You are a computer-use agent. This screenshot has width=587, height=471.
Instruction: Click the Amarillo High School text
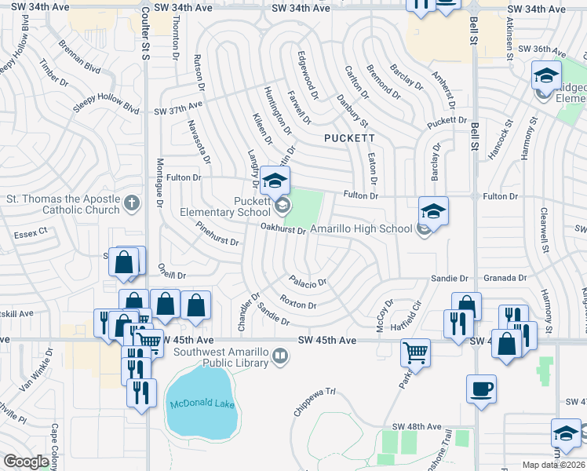coord(360,228)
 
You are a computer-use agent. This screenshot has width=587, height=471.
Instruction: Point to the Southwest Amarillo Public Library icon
coord(279,358)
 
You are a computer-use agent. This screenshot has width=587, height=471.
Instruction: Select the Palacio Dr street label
coord(307,281)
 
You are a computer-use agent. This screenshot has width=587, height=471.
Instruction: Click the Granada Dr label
coord(505,278)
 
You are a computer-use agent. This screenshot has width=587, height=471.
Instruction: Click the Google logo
coord(26,462)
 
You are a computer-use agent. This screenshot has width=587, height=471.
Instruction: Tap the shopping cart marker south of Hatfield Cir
coord(414,353)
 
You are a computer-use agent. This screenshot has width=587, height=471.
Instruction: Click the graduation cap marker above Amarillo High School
coord(433,211)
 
